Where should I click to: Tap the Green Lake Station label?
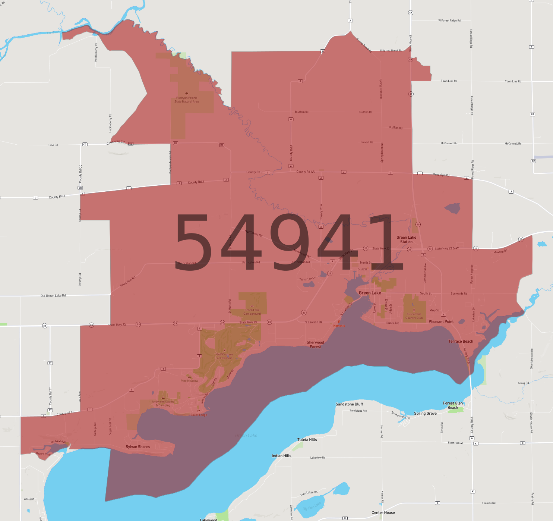pyautogui.click(x=406, y=239)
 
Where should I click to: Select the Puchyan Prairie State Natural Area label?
pyautogui.click(x=187, y=100)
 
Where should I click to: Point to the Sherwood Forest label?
pyautogui.click(x=315, y=345)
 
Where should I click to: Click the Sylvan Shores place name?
pyautogui.click(x=138, y=447)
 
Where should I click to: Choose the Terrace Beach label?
pyautogui.click(x=461, y=341)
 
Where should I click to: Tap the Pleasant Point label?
pyautogui.click(x=441, y=321)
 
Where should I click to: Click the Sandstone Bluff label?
pyautogui.click(x=349, y=404)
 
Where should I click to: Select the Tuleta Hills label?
pyautogui.click(x=307, y=440)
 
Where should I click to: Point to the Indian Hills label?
pyautogui.click(x=281, y=456)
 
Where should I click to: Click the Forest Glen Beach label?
pyautogui.click(x=453, y=405)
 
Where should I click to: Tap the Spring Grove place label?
pyautogui.click(x=425, y=413)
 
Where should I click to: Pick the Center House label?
pyautogui.click(x=383, y=512)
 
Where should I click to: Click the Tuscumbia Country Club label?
pyautogui.click(x=414, y=316)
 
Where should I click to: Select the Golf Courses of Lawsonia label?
pyautogui.click(x=224, y=356)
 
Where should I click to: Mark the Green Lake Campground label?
pyautogui.click(x=252, y=312)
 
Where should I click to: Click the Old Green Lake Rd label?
pyautogui.click(x=53, y=296)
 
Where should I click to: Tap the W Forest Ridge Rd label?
pyautogui.click(x=449, y=21)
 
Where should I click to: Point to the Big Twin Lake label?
pyautogui.click(x=312, y=506)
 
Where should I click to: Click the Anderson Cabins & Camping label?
pyautogui.click(x=163, y=404)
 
